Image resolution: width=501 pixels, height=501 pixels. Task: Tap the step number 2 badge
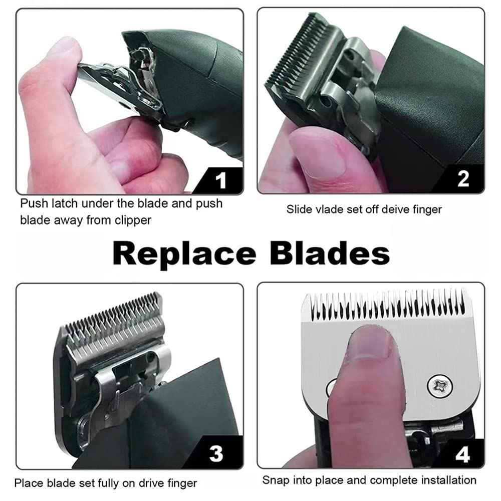(x=463, y=179)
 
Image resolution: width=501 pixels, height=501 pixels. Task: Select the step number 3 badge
(x=216, y=454)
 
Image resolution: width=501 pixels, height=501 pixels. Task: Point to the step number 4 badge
(x=462, y=455)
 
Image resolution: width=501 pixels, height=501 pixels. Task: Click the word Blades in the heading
(x=330, y=254)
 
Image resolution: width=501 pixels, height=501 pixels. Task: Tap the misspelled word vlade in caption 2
(x=331, y=209)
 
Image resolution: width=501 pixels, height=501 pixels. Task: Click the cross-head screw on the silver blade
(x=436, y=386)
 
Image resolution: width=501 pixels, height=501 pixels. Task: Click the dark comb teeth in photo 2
(x=296, y=55)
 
